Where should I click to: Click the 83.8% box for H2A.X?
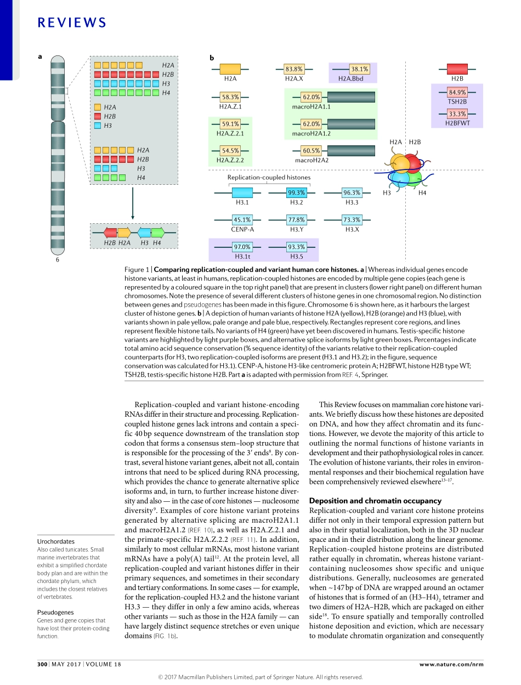click(294, 69)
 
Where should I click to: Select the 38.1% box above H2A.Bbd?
click(359, 69)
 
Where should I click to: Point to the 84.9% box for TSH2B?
click(457, 93)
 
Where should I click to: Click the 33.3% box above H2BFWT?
click(457, 114)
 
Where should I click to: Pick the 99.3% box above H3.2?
click(296, 193)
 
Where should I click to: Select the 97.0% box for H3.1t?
click(242, 247)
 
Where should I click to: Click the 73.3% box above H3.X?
click(352, 220)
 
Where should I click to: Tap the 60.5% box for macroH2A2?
click(312, 151)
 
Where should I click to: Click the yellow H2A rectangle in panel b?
click(230, 69)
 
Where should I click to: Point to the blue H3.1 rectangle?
click(242, 193)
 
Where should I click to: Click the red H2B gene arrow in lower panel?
click(110, 233)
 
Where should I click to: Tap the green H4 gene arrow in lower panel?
click(158, 233)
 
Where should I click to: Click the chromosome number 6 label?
click(57, 260)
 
